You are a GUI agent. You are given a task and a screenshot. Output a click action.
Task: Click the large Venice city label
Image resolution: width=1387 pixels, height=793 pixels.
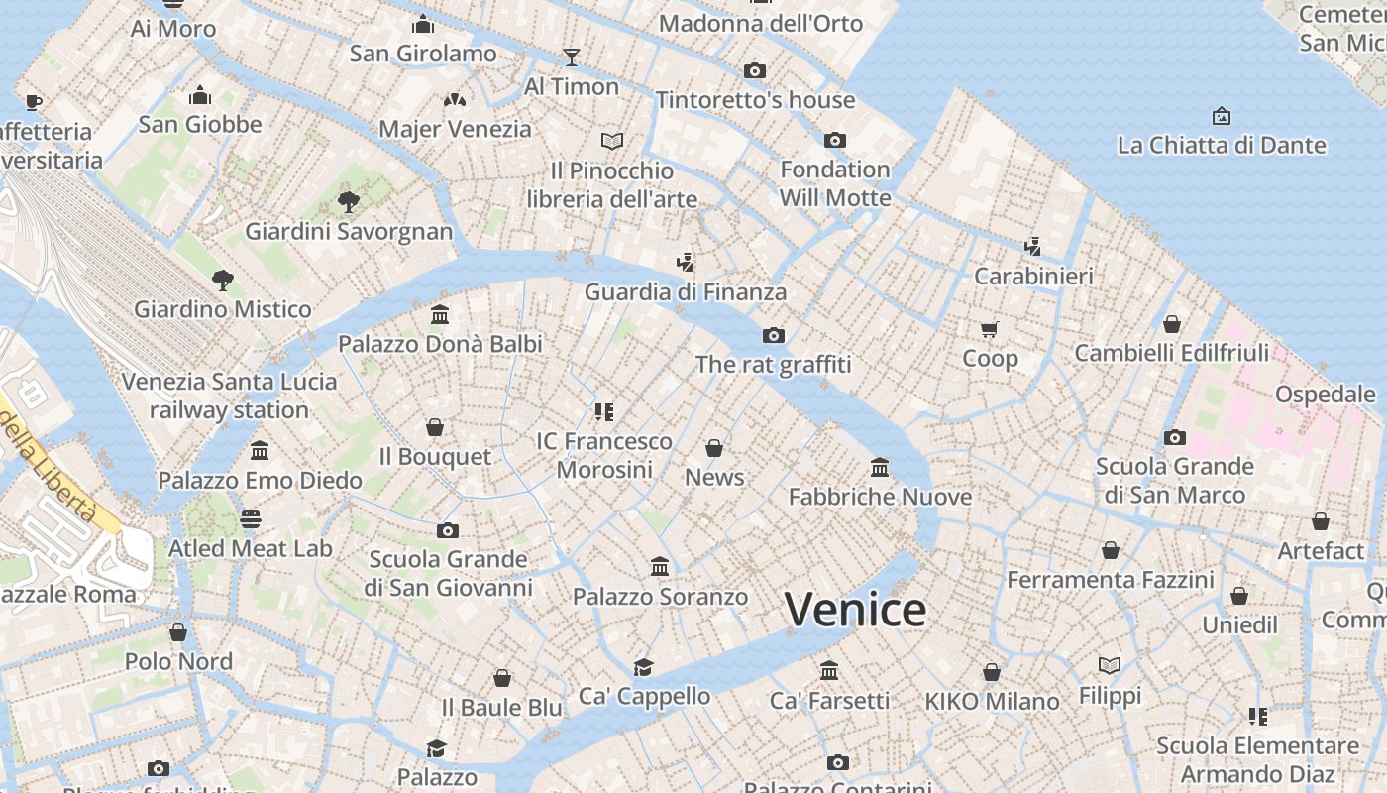pyautogui.click(x=855, y=609)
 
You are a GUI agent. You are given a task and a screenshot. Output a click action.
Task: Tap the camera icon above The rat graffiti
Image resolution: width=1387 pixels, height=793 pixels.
pyautogui.click(x=774, y=335)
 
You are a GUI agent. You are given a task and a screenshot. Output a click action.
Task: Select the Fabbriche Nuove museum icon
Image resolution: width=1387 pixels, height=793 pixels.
pyautogui.click(x=880, y=467)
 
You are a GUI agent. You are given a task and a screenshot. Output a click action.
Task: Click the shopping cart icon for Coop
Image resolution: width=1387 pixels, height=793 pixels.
pyautogui.click(x=989, y=329)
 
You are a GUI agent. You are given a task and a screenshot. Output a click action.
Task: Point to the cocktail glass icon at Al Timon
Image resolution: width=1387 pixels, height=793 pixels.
pyautogui.click(x=571, y=57)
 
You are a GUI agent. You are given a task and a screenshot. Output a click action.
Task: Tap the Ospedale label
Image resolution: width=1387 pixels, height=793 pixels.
pyautogui.click(x=1325, y=394)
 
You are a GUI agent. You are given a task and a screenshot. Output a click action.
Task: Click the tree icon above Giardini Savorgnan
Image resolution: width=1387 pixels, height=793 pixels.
pyautogui.click(x=348, y=202)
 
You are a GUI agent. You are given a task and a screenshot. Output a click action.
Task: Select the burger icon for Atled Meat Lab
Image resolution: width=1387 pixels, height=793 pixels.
pyautogui.click(x=251, y=519)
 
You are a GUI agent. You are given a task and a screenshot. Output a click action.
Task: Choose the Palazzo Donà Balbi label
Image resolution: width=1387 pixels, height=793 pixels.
pyautogui.click(x=440, y=344)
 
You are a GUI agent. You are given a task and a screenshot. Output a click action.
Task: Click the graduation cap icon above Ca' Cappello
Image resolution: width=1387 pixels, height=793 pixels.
pyautogui.click(x=644, y=667)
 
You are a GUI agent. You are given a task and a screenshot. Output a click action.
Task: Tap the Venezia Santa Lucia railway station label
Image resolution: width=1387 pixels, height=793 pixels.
pyautogui.click(x=229, y=396)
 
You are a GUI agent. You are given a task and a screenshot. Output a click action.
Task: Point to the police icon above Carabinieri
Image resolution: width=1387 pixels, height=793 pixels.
pyautogui.click(x=1032, y=246)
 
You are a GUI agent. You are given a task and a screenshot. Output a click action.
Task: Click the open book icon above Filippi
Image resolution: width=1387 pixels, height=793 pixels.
pyautogui.click(x=1110, y=665)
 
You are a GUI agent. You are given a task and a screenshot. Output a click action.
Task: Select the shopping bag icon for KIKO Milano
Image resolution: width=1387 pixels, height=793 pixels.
pyautogui.click(x=992, y=672)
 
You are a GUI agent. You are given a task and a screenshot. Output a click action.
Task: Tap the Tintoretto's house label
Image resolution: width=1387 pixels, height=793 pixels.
pyautogui.click(x=755, y=100)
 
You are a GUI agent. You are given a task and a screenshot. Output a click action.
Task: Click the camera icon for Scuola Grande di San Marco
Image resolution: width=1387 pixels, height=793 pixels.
pyautogui.click(x=1175, y=437)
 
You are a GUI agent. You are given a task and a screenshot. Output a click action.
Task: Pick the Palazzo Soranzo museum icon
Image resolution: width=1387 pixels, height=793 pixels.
pyautogui.click(x=660, y=567)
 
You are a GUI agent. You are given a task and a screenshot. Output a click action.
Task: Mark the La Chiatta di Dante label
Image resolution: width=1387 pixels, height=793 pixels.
pyautogui.click(x=1221, y=145)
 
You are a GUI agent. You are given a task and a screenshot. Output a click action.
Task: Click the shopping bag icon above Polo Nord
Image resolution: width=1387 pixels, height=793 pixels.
pyautogui.click(x=178, y=631)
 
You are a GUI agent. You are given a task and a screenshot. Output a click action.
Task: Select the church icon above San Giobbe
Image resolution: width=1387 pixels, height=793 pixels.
pyautogui.click(x=200, y=95)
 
